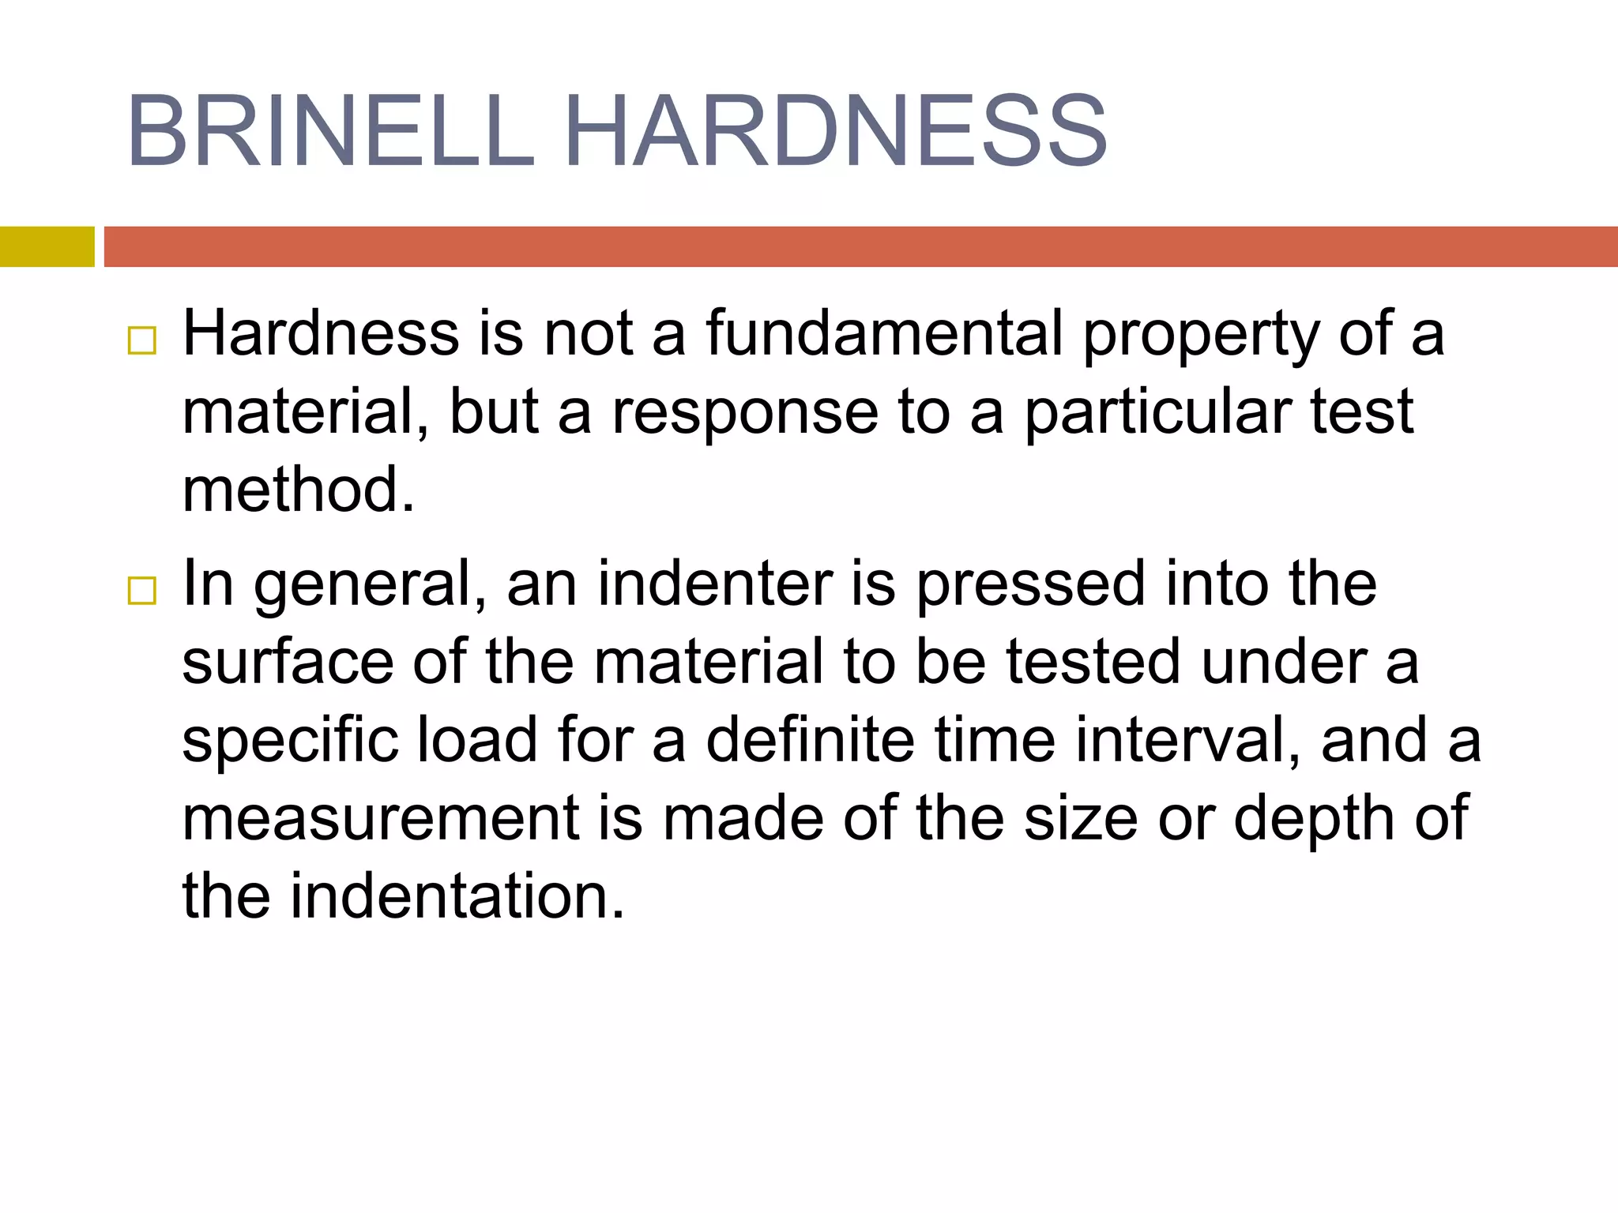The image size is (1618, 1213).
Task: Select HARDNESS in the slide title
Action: pyautogui.click(x=836, y=131)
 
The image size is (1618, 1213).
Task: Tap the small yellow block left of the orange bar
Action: pyautogui.click(x=47, y=246)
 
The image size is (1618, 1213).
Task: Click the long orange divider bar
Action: pyautogui.click(x=860, y=246)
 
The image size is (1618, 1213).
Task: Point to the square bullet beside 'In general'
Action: pyautogui.click(x=142, y=590)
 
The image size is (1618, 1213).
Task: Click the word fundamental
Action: pyautogui.click(x=884, y=333)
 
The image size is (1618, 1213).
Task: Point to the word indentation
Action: pyautogui.click(x=457, y=896)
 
